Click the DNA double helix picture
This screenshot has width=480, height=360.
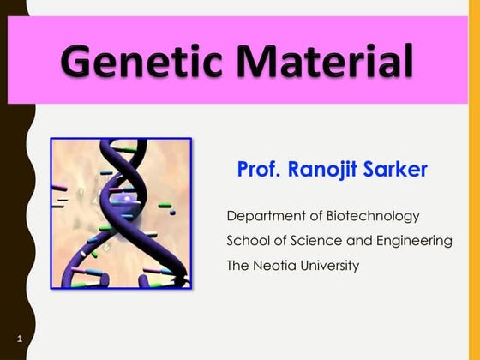121,212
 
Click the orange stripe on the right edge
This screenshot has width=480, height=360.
474,214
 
